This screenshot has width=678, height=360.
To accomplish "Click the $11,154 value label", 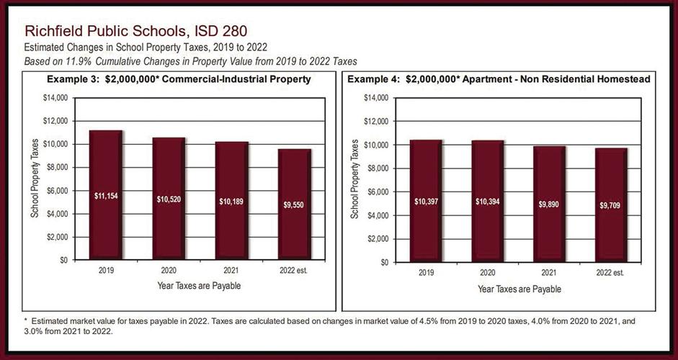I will [106, 195].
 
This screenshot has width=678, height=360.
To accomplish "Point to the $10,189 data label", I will [231, 201].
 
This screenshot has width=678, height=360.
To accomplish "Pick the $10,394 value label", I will [488, 201].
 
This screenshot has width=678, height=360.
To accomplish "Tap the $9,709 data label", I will [611, 205].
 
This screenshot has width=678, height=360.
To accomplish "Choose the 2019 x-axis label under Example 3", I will [106, 272].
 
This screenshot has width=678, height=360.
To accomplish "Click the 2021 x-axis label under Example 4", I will [550, 274].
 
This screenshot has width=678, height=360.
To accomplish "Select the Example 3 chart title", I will [179, 79].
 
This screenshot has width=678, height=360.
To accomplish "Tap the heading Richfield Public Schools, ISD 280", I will [136, 32].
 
